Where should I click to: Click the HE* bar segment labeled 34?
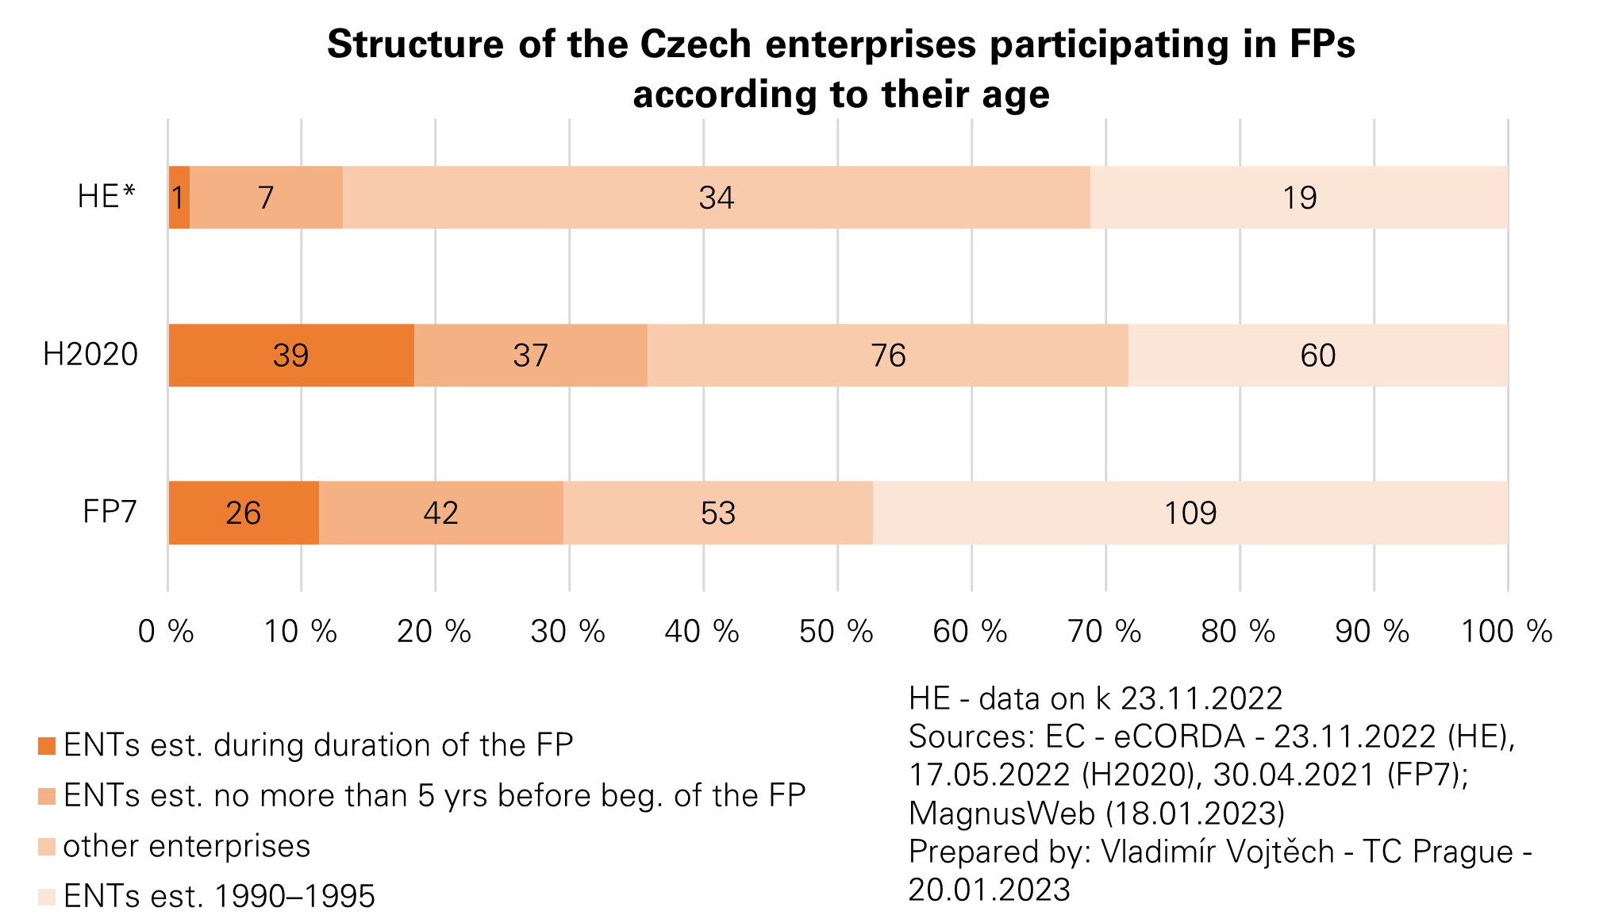716,198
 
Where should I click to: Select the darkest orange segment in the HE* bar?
179,198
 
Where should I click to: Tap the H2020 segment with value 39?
290,356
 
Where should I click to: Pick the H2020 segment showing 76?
887,356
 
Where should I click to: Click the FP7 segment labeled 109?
1190,513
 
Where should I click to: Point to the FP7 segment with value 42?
440,513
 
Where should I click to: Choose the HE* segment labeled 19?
1298,198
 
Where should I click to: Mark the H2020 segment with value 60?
1317,356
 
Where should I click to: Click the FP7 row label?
110,512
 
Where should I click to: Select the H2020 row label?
91,355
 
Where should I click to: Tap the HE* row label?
107,197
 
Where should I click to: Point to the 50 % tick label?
836,632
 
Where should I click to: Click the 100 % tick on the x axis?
1506,632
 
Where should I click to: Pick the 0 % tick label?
167,632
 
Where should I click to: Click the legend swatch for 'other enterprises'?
47,847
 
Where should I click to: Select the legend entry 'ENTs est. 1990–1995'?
219,896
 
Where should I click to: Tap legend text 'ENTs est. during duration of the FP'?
318,745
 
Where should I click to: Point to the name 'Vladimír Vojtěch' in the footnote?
1218,852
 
